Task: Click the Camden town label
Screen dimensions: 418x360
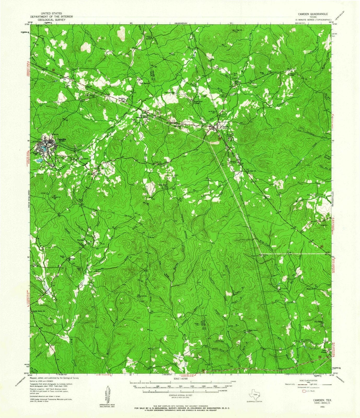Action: click(62, 139)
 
